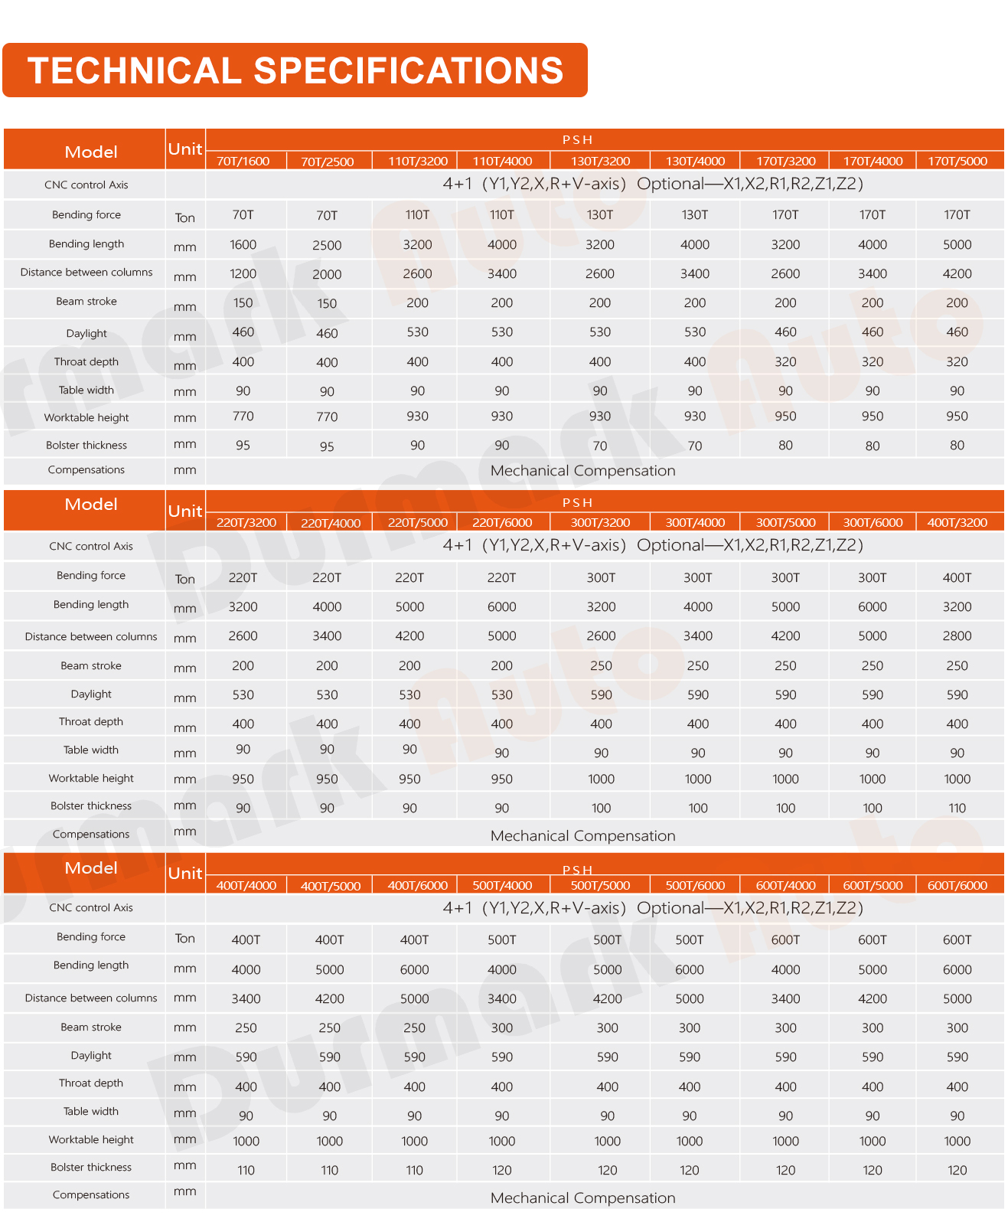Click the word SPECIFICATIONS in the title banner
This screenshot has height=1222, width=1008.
coord(408,70)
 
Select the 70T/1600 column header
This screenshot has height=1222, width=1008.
coord(243,161)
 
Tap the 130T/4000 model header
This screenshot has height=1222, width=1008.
coord(695,161)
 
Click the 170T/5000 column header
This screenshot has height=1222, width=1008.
coord(957,161)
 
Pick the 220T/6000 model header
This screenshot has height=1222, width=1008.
coord(502,522)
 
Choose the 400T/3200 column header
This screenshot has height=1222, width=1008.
coord(957,522)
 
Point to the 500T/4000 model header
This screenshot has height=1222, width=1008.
coord(502,885)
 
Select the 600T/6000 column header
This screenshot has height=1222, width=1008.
coord(957,885)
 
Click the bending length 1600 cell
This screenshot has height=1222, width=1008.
coord(243,245)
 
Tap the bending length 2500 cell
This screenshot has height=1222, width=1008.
coord(327,245)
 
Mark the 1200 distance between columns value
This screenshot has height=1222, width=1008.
coord(243,274)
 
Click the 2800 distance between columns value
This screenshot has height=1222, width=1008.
coord(957,636)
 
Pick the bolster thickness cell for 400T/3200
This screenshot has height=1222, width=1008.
coord(957,808)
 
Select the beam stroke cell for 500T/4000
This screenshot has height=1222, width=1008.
coord(502,1028)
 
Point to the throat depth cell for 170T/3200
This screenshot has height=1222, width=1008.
coord(785,361)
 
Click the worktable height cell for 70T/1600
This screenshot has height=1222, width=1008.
coord(243,416)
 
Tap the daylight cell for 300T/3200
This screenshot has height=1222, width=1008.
coord(601,694)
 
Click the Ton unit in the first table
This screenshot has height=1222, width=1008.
coord(185,217)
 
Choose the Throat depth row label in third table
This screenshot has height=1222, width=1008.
coord(90,1083)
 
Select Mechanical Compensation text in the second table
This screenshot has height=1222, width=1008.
coord(582,835)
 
